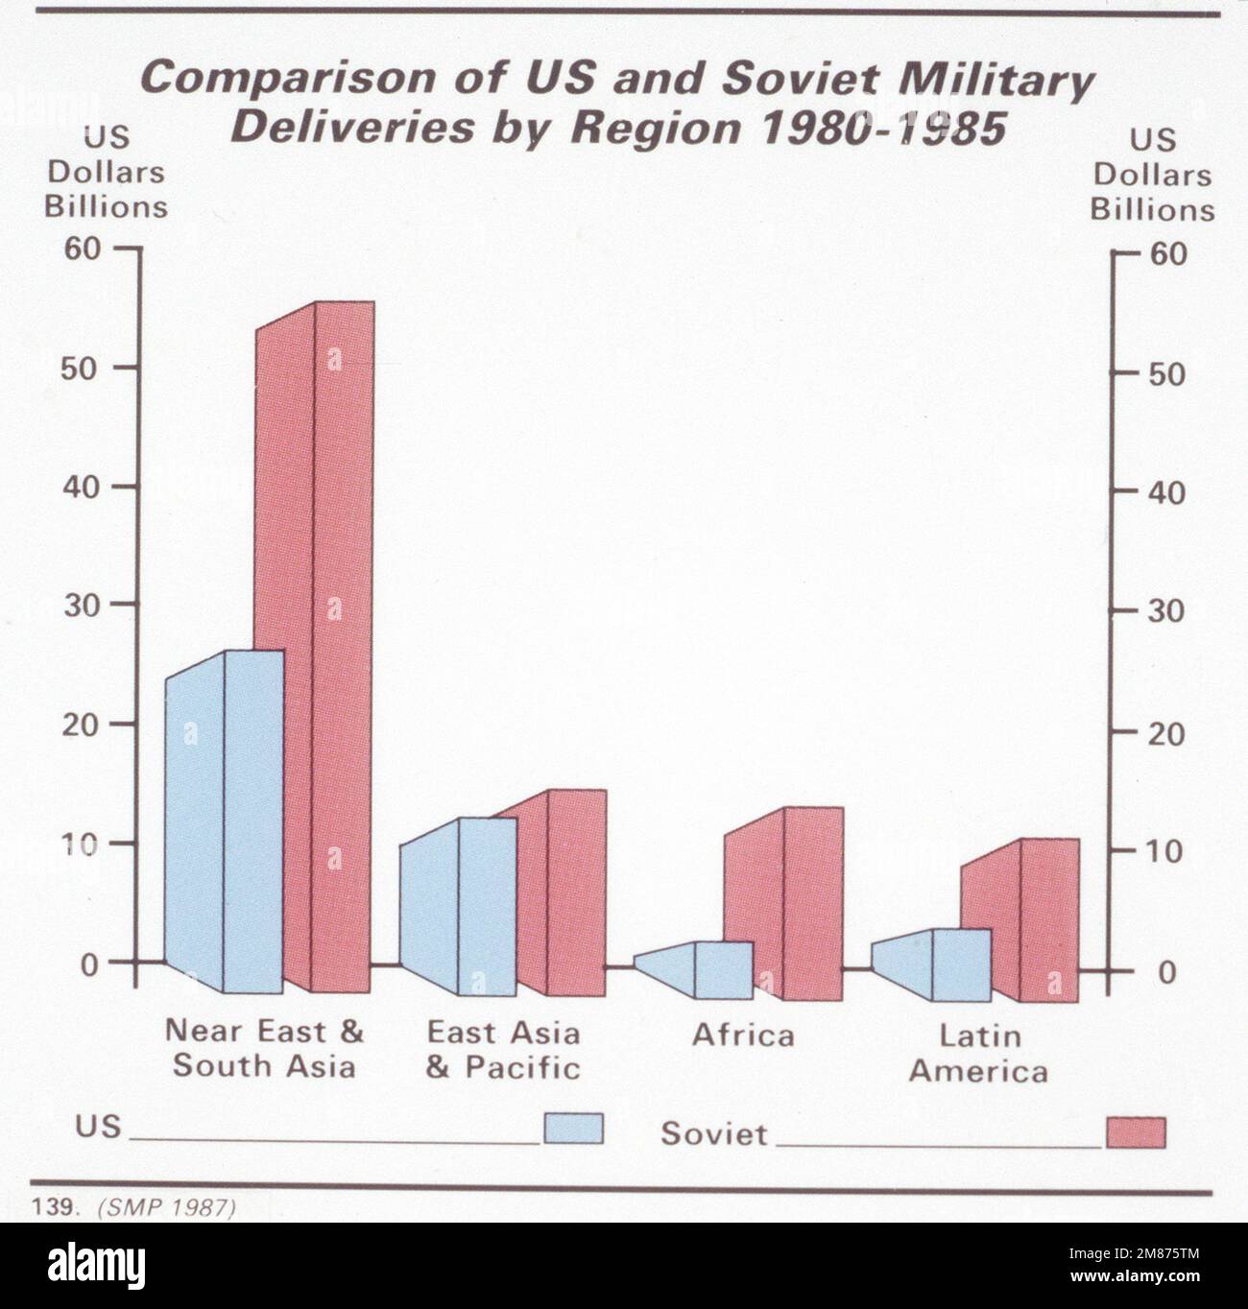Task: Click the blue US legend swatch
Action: click(573, 1129)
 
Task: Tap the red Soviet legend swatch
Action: click(1136, 1132)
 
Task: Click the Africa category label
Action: click(743, 1035)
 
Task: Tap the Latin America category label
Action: click(977, 1053)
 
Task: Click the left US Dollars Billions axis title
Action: click(106, 173)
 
